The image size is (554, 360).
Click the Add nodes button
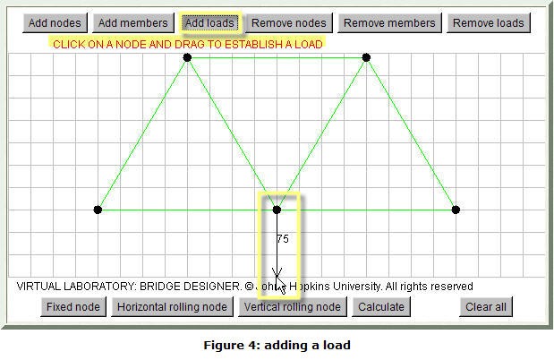coord(55,23)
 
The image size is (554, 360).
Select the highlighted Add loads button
coord(209,23)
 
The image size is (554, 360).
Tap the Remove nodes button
coord(289,23)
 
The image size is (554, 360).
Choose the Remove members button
coord(389,23)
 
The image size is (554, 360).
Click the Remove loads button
coord(489,23)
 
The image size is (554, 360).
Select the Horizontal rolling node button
coord(172,306)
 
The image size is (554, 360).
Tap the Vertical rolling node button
coord(292,306)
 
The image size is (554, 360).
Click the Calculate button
coord(381,306)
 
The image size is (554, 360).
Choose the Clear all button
coord(486,306)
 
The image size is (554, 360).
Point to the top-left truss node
coord(187,57)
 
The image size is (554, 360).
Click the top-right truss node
coord(366,57)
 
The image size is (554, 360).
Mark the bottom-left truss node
coord(98,210)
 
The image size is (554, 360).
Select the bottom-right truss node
coord(456,210)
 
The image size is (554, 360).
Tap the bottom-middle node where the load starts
coord(277,210)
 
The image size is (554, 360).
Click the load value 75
coord(283,239)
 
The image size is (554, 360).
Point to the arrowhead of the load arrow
coord(277,277)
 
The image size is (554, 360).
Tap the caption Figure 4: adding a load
coord(277,345)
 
